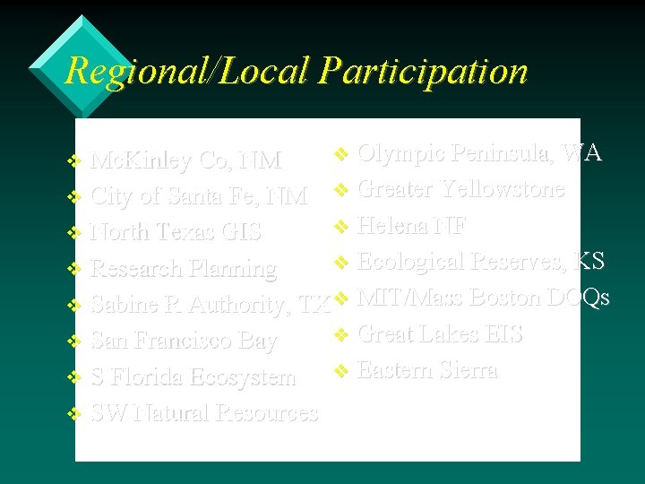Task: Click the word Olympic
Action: click(x=400, y=152)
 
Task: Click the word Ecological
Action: click(x=410, y=261)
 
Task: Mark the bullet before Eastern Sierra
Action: click(x=340, y=370)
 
